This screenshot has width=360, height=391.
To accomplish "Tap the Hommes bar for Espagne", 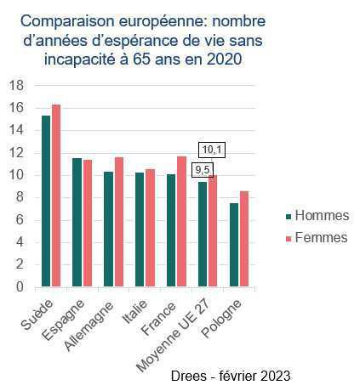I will [77, 223].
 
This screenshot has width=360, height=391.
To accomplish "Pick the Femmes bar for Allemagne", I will [118, 222].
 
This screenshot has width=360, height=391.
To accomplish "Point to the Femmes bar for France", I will [181, 222].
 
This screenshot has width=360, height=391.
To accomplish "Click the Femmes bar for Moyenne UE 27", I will [213, 231].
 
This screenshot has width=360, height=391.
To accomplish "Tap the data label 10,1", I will [211, 150].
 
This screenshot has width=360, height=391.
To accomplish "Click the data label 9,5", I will [202, 169].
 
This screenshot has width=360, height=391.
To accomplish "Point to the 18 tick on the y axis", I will [15, 86].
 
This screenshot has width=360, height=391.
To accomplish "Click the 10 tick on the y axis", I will [15, 175].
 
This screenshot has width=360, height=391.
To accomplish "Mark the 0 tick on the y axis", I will [19, 287].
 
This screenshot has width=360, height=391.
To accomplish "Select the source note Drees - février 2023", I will [231, 375].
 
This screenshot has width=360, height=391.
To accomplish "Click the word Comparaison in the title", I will [72, 20].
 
